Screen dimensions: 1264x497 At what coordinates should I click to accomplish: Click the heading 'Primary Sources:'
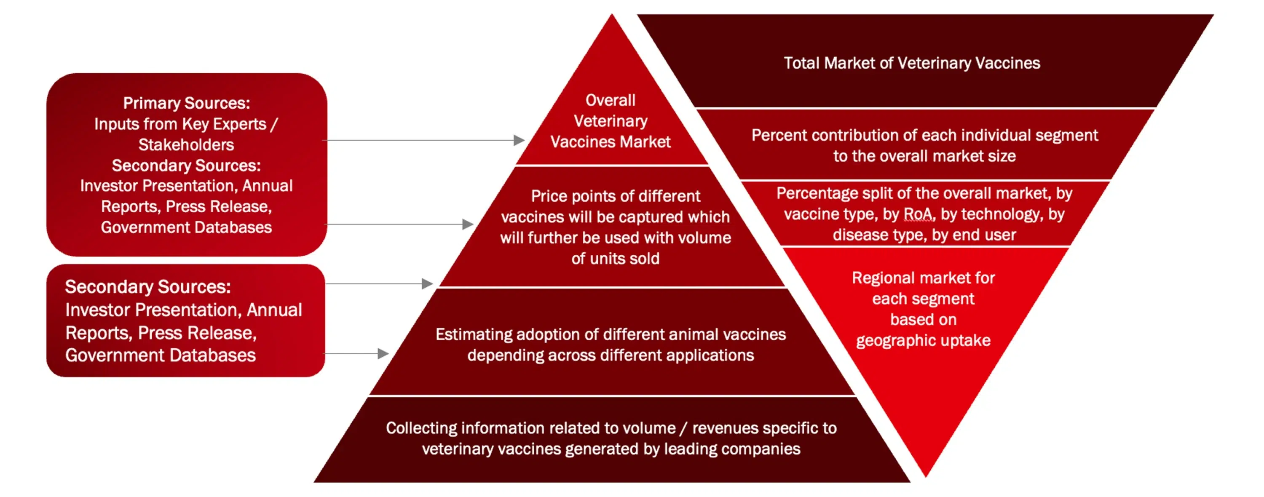click(187, 103)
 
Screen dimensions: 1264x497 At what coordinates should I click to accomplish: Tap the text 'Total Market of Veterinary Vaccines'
click(912, 63)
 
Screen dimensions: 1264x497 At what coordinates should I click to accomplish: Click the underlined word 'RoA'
click(917, 214)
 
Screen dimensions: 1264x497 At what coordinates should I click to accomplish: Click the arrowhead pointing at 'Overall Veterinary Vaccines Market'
click(519, 140)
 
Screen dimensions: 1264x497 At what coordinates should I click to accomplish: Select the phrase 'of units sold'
click(615, 259)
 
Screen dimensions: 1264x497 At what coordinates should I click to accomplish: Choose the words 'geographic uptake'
click(924, 340)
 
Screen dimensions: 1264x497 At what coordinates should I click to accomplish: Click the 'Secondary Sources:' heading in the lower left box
click(148, 286)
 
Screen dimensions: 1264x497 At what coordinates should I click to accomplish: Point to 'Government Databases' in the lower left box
click(161, 355)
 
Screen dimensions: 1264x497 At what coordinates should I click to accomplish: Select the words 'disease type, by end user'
click(924, 235)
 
